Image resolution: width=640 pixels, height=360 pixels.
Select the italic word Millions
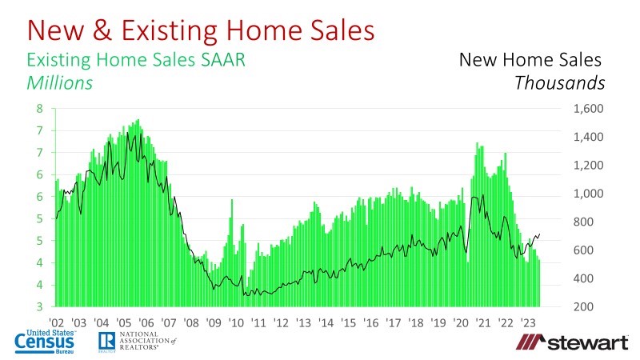tap(60, 82)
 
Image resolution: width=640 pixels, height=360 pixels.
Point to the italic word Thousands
tap(560, 82)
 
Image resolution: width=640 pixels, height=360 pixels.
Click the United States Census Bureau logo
tap(47, 341)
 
